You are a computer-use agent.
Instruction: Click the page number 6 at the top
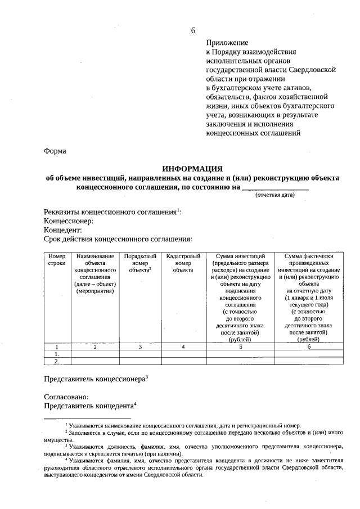(x=193, y=29)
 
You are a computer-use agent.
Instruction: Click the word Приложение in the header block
(x=227, y=43)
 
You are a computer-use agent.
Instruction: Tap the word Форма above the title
(x=55, y=151)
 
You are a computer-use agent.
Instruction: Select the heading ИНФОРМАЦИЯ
(x=192, y=168)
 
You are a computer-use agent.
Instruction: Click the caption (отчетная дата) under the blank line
(x=274, y=195)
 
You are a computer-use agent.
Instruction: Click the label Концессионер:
(x=68, y=221)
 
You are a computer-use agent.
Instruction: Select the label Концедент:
(x=63, y=230)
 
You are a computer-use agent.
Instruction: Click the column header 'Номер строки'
(x=57, y=260)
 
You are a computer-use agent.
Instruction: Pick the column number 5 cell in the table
(x=240, y=346)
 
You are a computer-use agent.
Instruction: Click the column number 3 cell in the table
(x=140, y=346)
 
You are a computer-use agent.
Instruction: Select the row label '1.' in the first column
(x=57, y=354)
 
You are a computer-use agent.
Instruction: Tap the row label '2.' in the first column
(x=57, y=362)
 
